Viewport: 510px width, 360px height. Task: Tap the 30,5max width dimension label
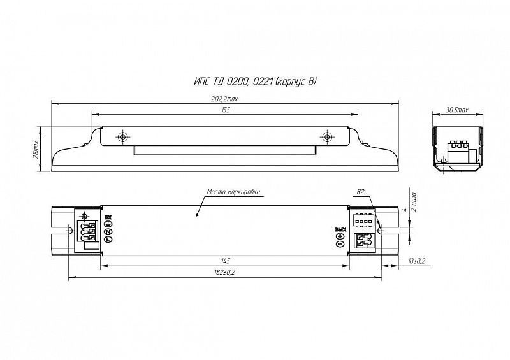click(x=456, y=110)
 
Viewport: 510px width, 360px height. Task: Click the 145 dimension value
click(x=226, y=261)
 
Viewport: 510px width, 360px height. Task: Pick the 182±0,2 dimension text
click(x=226, y=272)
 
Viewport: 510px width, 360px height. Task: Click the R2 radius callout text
click(x=361, y=191)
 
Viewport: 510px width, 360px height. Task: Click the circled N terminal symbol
click(x=109, y=231)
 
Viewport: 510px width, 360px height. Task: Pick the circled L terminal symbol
click(x=109, y=239)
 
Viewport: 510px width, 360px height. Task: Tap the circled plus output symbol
click(x=339, y=236)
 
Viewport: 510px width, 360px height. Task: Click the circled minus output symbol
click(x=339, y=244)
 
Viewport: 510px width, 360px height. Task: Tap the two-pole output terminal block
click(x=363, y=241)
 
